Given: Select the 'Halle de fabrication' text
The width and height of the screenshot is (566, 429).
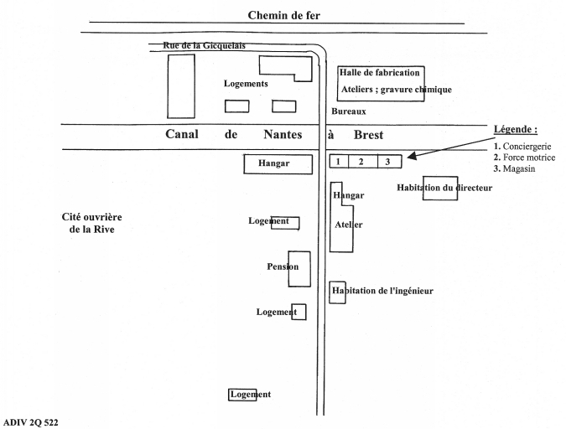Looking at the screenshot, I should [380, 73].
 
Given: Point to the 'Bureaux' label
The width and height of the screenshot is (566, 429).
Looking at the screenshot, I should [348, 111].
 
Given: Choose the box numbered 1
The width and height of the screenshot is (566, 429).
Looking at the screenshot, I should [338, 162].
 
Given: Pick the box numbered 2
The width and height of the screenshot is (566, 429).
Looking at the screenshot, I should [362, 162].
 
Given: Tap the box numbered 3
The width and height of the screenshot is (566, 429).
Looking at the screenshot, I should [387, 162].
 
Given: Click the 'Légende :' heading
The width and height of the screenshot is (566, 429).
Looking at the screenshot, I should [514, 129].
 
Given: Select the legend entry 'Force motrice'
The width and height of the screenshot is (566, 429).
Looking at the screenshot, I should [527, 157].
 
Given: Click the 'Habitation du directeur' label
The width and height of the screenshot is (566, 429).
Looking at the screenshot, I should [444, 188].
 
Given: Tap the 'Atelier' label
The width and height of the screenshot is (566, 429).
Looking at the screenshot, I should [348, 225].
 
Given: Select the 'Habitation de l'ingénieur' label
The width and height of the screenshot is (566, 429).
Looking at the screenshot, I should [382, 291].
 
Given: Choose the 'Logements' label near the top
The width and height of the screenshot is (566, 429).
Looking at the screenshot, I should [246, 84].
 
